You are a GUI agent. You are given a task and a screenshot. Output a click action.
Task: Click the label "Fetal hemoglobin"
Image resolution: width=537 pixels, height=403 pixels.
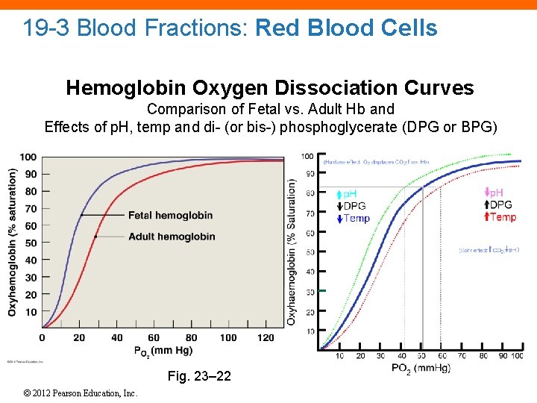[170, 216]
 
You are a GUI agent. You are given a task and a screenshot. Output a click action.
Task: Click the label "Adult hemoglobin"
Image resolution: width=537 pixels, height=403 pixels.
[172, 237]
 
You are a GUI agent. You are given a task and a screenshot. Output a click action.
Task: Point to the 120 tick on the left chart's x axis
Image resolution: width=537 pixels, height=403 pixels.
[266, 338]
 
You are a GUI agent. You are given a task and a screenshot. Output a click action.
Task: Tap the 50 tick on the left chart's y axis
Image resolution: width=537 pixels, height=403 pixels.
[30, 243]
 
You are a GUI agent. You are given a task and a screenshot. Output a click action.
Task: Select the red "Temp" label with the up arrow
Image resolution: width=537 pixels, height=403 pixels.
[500, 217]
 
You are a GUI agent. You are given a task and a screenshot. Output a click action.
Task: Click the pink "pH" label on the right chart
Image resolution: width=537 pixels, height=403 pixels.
[495, 193]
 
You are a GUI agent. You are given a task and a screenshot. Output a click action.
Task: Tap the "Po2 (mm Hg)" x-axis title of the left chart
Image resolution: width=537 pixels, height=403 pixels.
[164, 350]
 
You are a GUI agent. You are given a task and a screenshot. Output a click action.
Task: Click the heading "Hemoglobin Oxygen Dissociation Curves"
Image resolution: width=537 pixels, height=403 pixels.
[270, 88]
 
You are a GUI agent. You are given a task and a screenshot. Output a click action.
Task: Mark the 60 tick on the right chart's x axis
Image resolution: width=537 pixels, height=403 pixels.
[442, 355]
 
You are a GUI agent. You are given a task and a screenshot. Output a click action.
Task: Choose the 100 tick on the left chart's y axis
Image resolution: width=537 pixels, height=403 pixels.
[28, 157]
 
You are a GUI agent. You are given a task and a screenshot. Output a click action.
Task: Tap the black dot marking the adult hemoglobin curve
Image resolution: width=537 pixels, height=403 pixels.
[95, 237]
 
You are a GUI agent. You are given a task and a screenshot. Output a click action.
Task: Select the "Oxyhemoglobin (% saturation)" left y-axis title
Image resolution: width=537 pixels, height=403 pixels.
[13, 241]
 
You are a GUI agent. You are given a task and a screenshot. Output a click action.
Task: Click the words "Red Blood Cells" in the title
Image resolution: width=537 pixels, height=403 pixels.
[346, 28]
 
